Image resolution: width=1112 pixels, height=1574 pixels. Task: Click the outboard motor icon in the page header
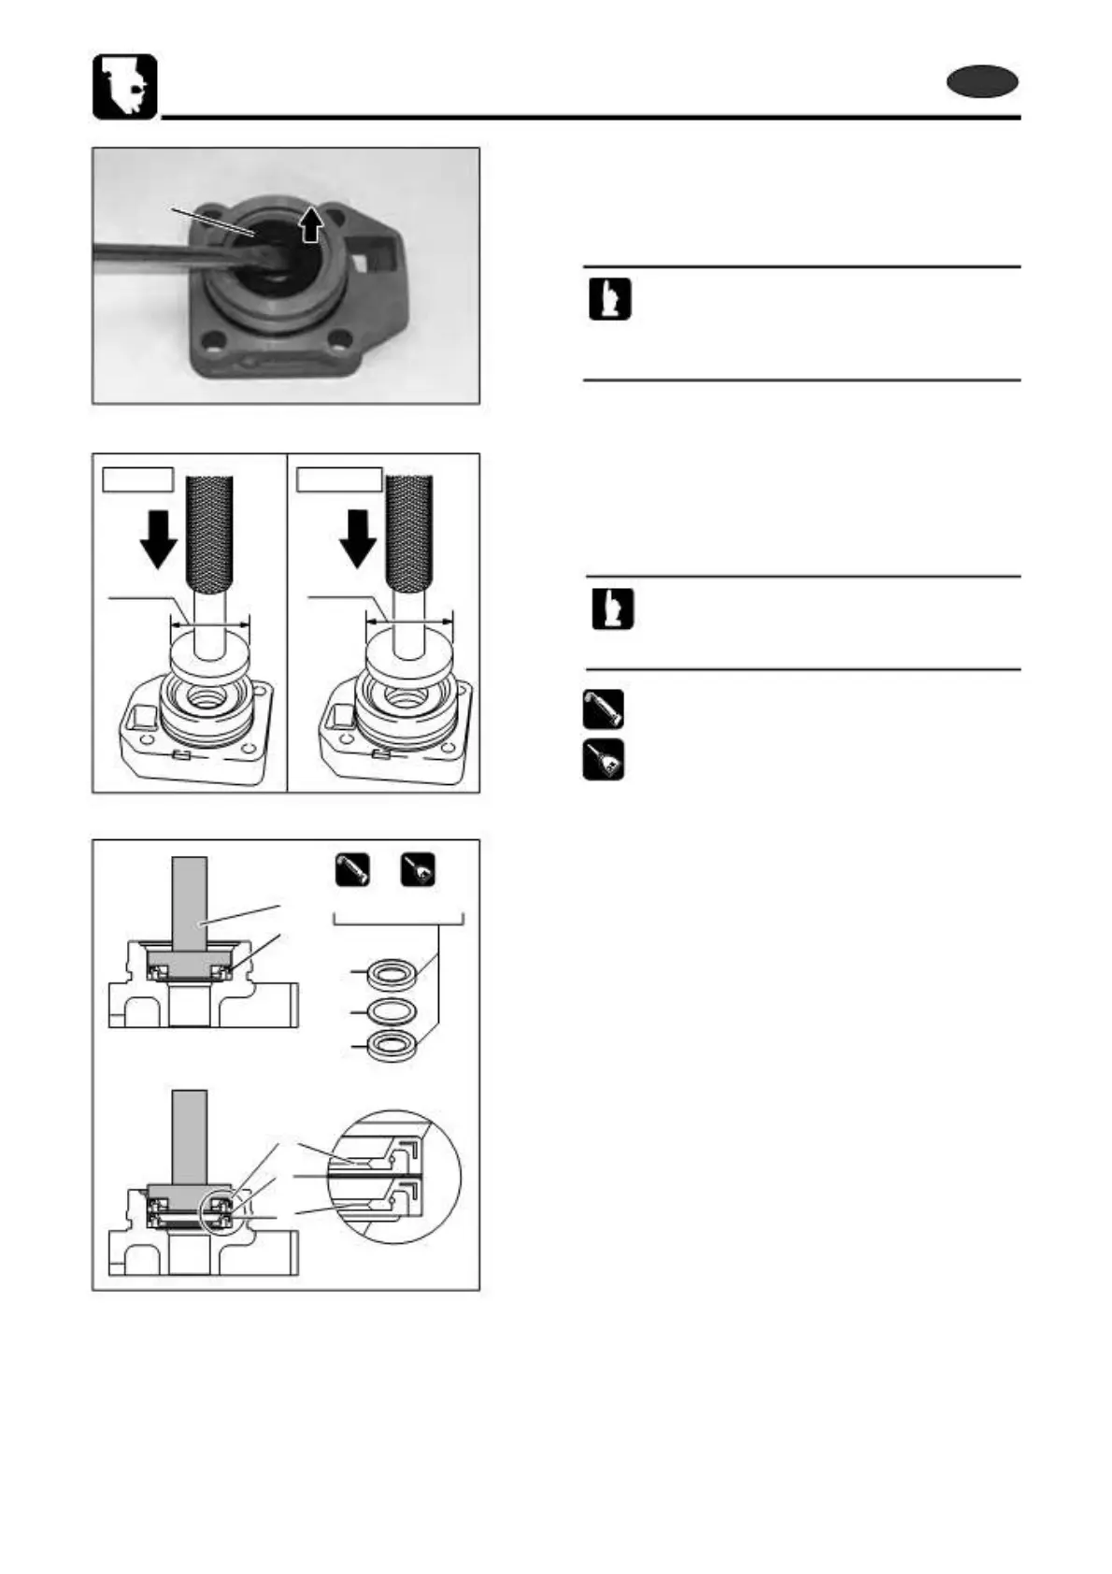pos(124,87)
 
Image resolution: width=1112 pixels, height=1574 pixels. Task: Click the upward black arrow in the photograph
pos(311,224)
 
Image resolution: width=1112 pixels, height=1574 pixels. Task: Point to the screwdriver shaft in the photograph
pos(159,253)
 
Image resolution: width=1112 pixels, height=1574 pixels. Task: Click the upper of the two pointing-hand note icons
pos(609,299)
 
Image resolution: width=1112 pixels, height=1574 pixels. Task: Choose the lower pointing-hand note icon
pos(612,609)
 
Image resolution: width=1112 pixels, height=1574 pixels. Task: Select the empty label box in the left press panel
pos(138,479)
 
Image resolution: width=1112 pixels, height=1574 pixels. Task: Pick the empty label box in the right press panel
pos(339,479)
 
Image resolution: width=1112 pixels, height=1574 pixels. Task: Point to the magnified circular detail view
pos(394,1176)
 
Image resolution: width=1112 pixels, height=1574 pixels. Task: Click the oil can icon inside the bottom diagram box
pos(418,870)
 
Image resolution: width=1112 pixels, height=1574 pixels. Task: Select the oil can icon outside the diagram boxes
pos(603,761)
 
